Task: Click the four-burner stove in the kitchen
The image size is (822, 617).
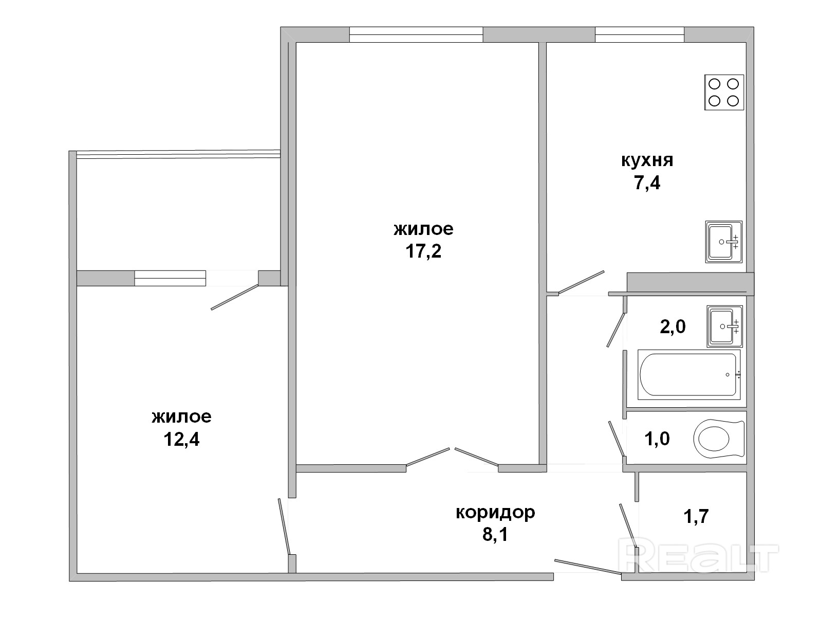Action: click(x=723, y=92)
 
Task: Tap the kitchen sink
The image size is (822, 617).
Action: click(x=723, y=242)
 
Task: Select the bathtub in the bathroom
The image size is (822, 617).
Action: click(x=689, y=375)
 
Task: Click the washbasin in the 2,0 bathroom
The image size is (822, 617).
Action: click(x=724, y=326)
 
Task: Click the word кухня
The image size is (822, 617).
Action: click(x=647, y=161)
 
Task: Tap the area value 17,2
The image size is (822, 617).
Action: click(x=423, y=251)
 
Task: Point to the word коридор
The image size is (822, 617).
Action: click(x=495, y=513)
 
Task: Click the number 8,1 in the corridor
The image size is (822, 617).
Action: click(x=495, y=534)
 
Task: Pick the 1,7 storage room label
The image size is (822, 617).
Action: click(x=696, y=516)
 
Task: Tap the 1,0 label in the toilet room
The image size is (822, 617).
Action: click(x=657, y=439)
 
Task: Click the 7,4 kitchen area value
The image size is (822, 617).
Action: click(x=647, y=183)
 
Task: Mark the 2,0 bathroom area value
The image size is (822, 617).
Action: click(x=672, y=326)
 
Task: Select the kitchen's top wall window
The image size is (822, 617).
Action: click(x=640, y=34)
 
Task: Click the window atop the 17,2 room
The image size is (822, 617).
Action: click(x=416, y=34)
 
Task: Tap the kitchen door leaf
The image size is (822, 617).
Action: click(x=581, y=282)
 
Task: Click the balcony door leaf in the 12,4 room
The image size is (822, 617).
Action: click(x=235, y=297)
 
